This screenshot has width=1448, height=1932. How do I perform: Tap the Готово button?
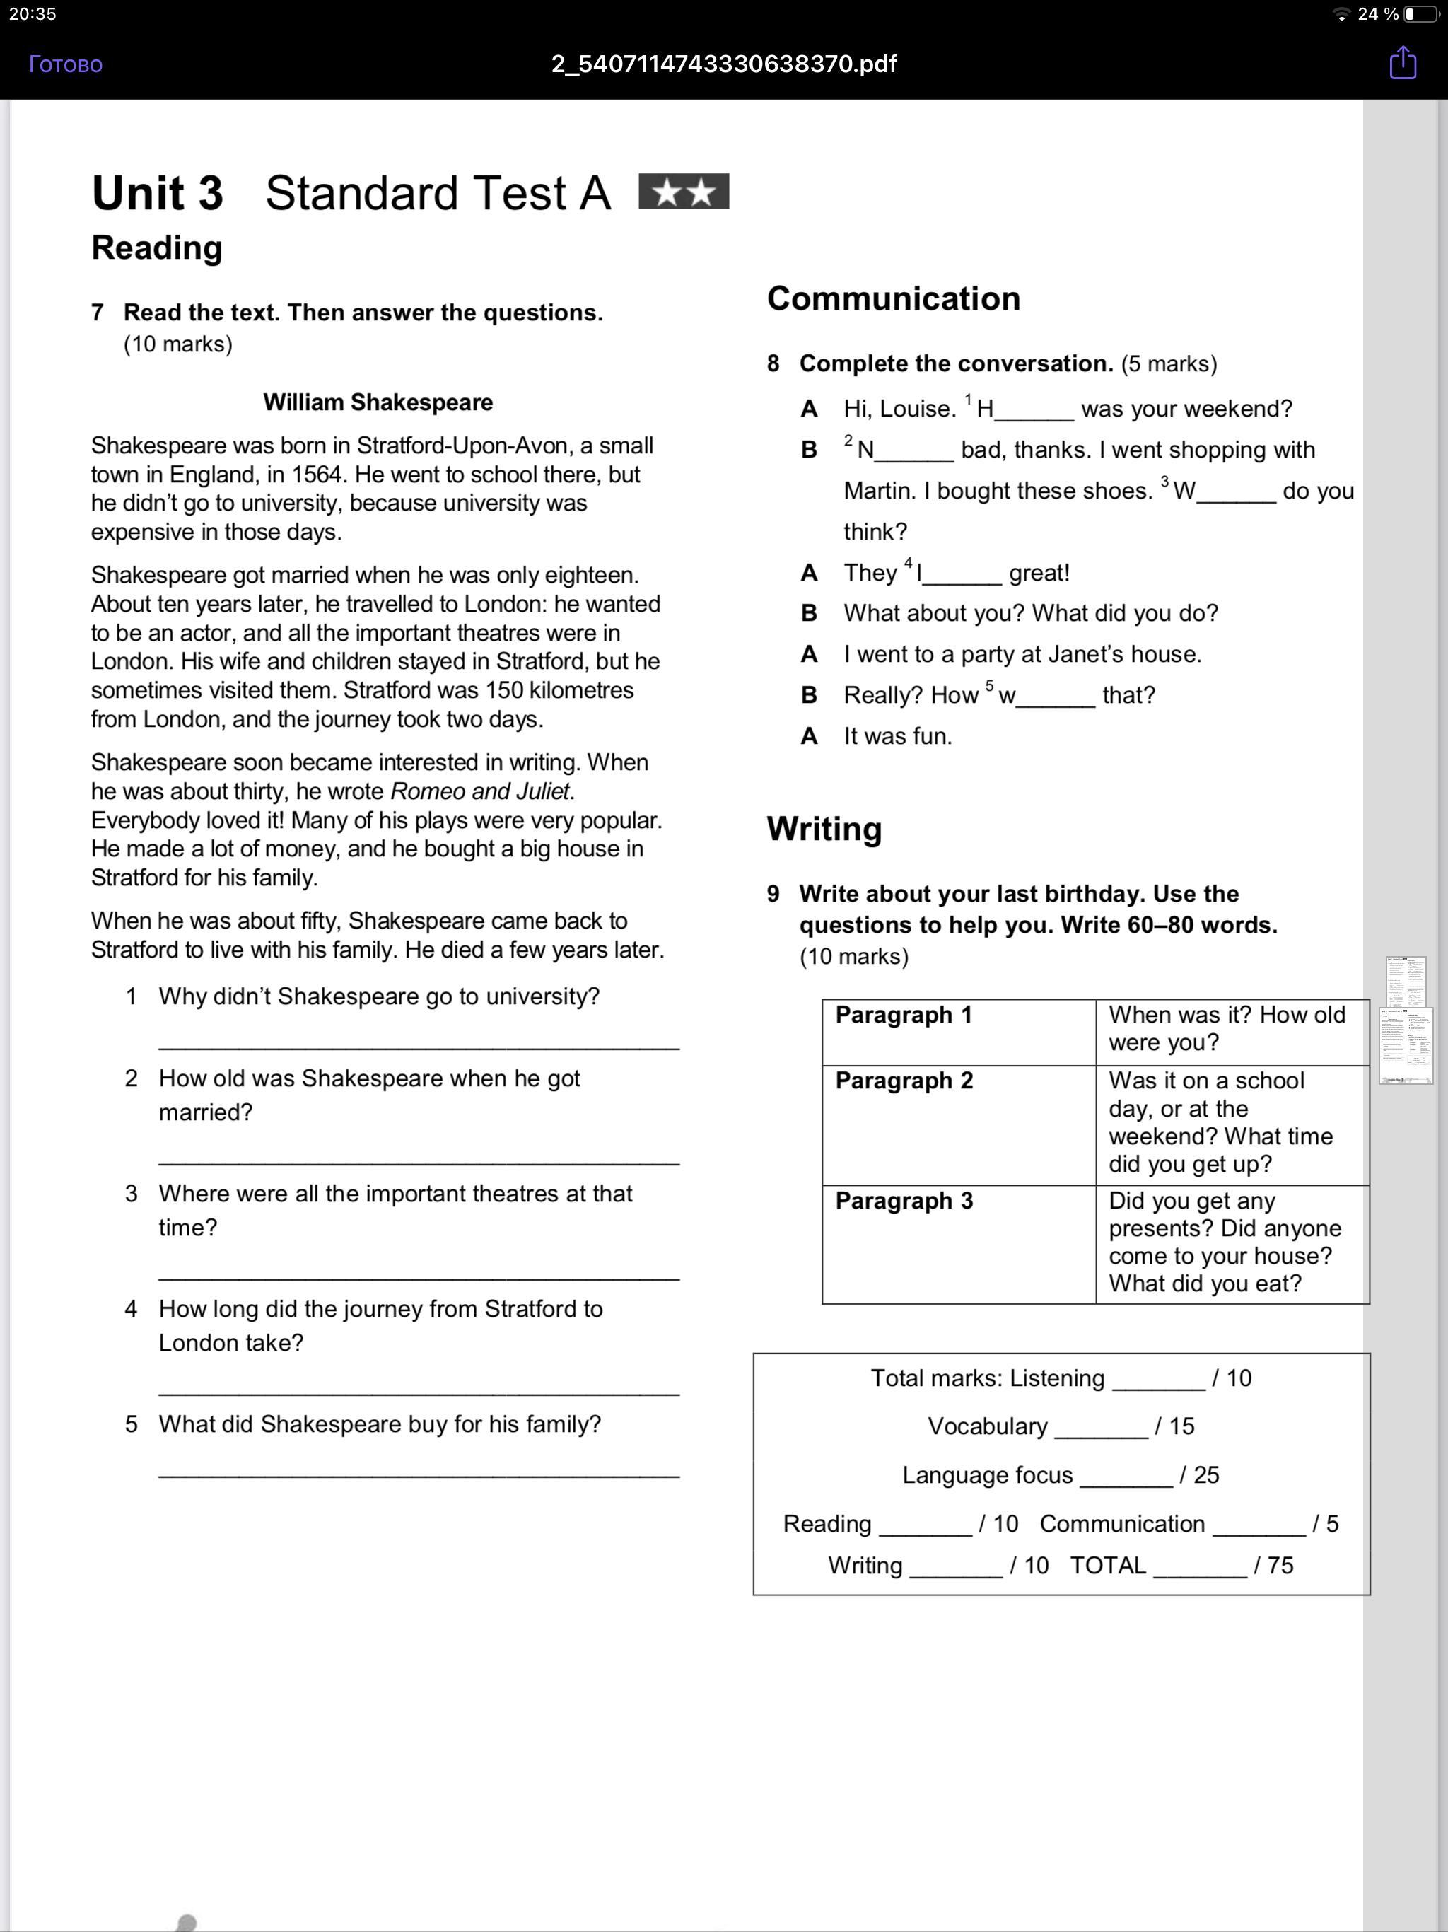click(x=66, y=64)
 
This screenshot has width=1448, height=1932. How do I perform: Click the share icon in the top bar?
click(x=1403, y=63)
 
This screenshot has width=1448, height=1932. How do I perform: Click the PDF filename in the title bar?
click(x=723, y=64)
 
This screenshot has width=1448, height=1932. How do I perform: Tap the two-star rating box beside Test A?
click(x=684, y=191)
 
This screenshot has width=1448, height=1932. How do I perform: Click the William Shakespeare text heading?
click(x=378, y=402)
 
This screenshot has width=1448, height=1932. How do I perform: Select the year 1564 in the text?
click(x=317, y=475)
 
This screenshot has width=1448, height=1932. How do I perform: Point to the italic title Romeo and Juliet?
click(x=480, y=791)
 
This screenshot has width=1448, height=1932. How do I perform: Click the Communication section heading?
click(x=894, y=298)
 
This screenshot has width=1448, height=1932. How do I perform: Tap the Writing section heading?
click(x=824, y=828)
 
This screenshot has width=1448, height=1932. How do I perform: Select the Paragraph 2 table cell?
click(x=958, y=1124)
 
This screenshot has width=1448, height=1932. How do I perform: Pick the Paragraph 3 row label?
click(x=904, y=1201)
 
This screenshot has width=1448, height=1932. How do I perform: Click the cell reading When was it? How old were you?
click(x=1232, y=1029)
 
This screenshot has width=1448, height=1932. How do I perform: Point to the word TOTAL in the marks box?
click(x=1108, y=1565)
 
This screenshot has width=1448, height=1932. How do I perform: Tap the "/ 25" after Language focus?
click(x=1199, y=1474)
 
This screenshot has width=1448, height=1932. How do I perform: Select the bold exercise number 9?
click(x=773, y=893)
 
